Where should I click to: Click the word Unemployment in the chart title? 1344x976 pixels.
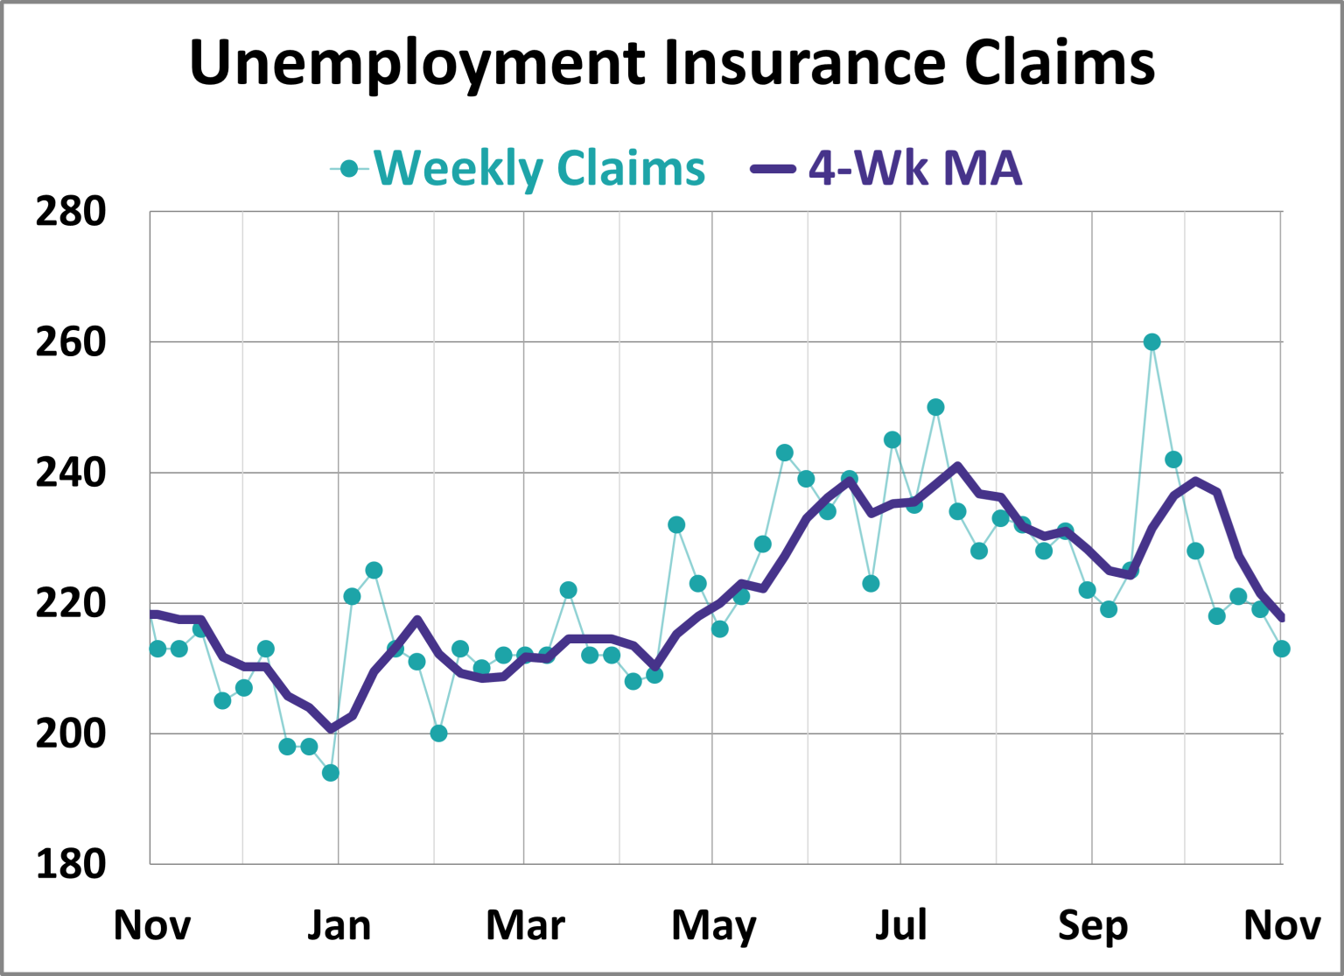click(417, 63)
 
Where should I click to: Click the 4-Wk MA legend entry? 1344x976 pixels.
click(914, 168)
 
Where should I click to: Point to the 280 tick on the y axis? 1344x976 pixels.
click(70, 212)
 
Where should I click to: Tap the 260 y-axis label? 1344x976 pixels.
click(70, 342)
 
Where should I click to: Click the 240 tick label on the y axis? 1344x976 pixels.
click(70, 473)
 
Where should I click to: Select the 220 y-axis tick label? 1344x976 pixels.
click(70, 603)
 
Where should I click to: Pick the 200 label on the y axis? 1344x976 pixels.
click(70, 734)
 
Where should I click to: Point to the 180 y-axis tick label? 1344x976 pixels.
click(70, 864)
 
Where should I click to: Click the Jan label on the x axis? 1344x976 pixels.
click(339, 925)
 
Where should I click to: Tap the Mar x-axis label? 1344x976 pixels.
click(525, 925)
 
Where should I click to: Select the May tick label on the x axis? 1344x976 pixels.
click(713, 925)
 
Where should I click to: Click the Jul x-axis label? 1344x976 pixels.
click(901, 925)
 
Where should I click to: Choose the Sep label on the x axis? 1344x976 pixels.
click(1093, 925)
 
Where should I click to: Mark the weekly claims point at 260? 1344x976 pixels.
click(1151, 342)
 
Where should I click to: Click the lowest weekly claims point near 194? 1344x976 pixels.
click(330, 773)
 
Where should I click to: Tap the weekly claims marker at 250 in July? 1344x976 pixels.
click(935, 407)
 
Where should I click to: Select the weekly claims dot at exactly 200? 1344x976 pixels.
click(438, 734)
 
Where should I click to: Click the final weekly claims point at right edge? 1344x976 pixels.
click(1281, 649)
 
